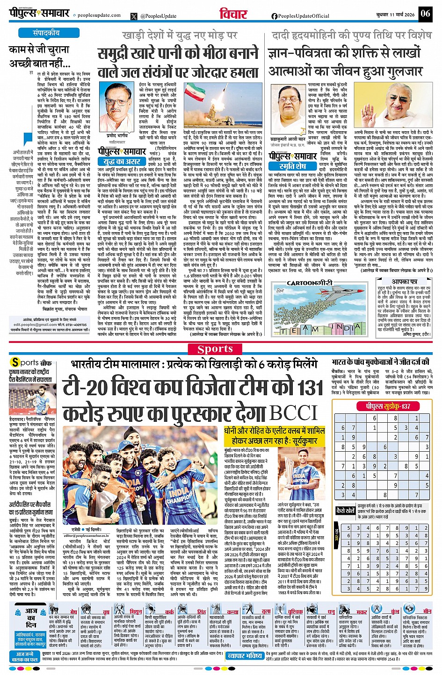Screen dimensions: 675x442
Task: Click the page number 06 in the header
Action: tap(425, 14)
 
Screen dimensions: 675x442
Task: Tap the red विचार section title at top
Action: tap(233, 14)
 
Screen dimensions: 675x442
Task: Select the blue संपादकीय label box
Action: tap(46, 33)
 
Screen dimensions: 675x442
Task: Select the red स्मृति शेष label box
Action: tap(292, 166)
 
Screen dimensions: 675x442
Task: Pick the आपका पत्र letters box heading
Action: tap(405, 282)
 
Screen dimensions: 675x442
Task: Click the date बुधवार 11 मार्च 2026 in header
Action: tap(395, 14)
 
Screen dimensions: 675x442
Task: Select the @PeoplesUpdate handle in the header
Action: tap(158, 16)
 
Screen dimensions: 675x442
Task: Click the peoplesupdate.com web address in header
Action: tap(99, 15)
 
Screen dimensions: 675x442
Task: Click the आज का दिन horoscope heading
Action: tap(31, 618)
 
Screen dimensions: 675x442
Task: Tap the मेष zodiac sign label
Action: tap(73, 611)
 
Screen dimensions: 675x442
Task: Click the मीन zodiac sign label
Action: tap(427, 611)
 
